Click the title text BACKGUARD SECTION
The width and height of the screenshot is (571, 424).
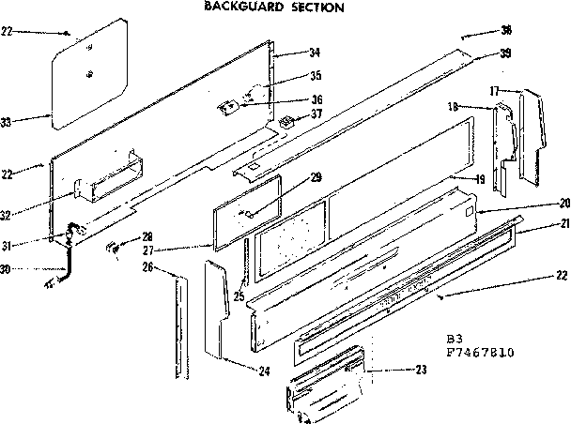click(272, 7)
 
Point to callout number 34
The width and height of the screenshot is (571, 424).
click(315, 52)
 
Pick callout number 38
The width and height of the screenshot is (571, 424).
click(506, 29)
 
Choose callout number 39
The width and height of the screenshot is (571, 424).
click(506, 53)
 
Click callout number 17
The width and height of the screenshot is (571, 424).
click(493, 90)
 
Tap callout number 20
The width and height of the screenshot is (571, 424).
click(563, 204)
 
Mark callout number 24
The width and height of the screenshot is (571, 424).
click(264, 371)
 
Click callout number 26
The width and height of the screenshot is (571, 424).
click(147, 267)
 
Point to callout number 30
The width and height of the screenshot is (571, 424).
click(8, 269)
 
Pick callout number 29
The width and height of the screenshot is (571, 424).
click(316, 177)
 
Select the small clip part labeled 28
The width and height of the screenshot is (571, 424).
click(111, 247)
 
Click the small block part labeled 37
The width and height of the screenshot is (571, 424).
click(285, 121)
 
